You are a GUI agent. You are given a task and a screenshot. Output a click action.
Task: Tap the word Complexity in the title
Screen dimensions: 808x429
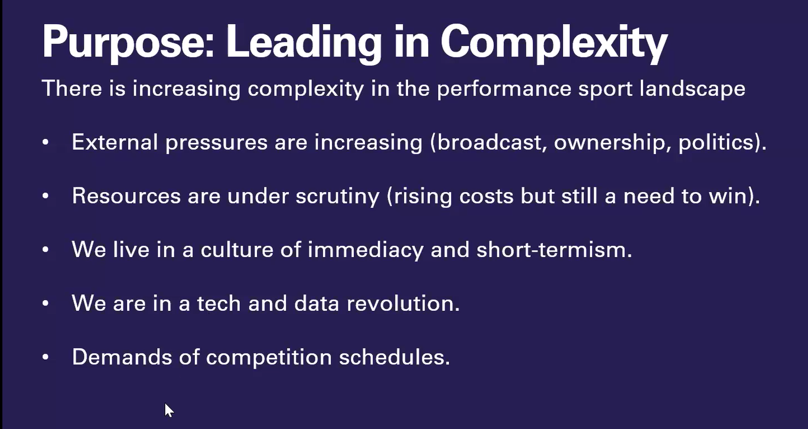coord(554,43)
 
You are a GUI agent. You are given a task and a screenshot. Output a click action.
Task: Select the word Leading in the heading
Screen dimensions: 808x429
coord(304,43)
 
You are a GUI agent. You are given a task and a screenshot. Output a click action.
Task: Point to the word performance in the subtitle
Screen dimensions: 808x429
coord(504,89)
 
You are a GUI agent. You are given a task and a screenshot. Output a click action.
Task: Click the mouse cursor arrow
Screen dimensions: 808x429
coord(169,410)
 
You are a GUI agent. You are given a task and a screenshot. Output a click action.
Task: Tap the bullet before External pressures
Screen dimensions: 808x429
coord(45,142)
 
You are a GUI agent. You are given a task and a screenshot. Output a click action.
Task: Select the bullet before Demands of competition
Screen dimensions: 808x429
coord(45,357)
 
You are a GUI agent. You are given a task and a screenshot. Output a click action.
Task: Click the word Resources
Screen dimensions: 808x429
coord(126,196)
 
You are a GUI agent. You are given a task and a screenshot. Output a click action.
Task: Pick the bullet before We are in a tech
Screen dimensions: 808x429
coord(45,304)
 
